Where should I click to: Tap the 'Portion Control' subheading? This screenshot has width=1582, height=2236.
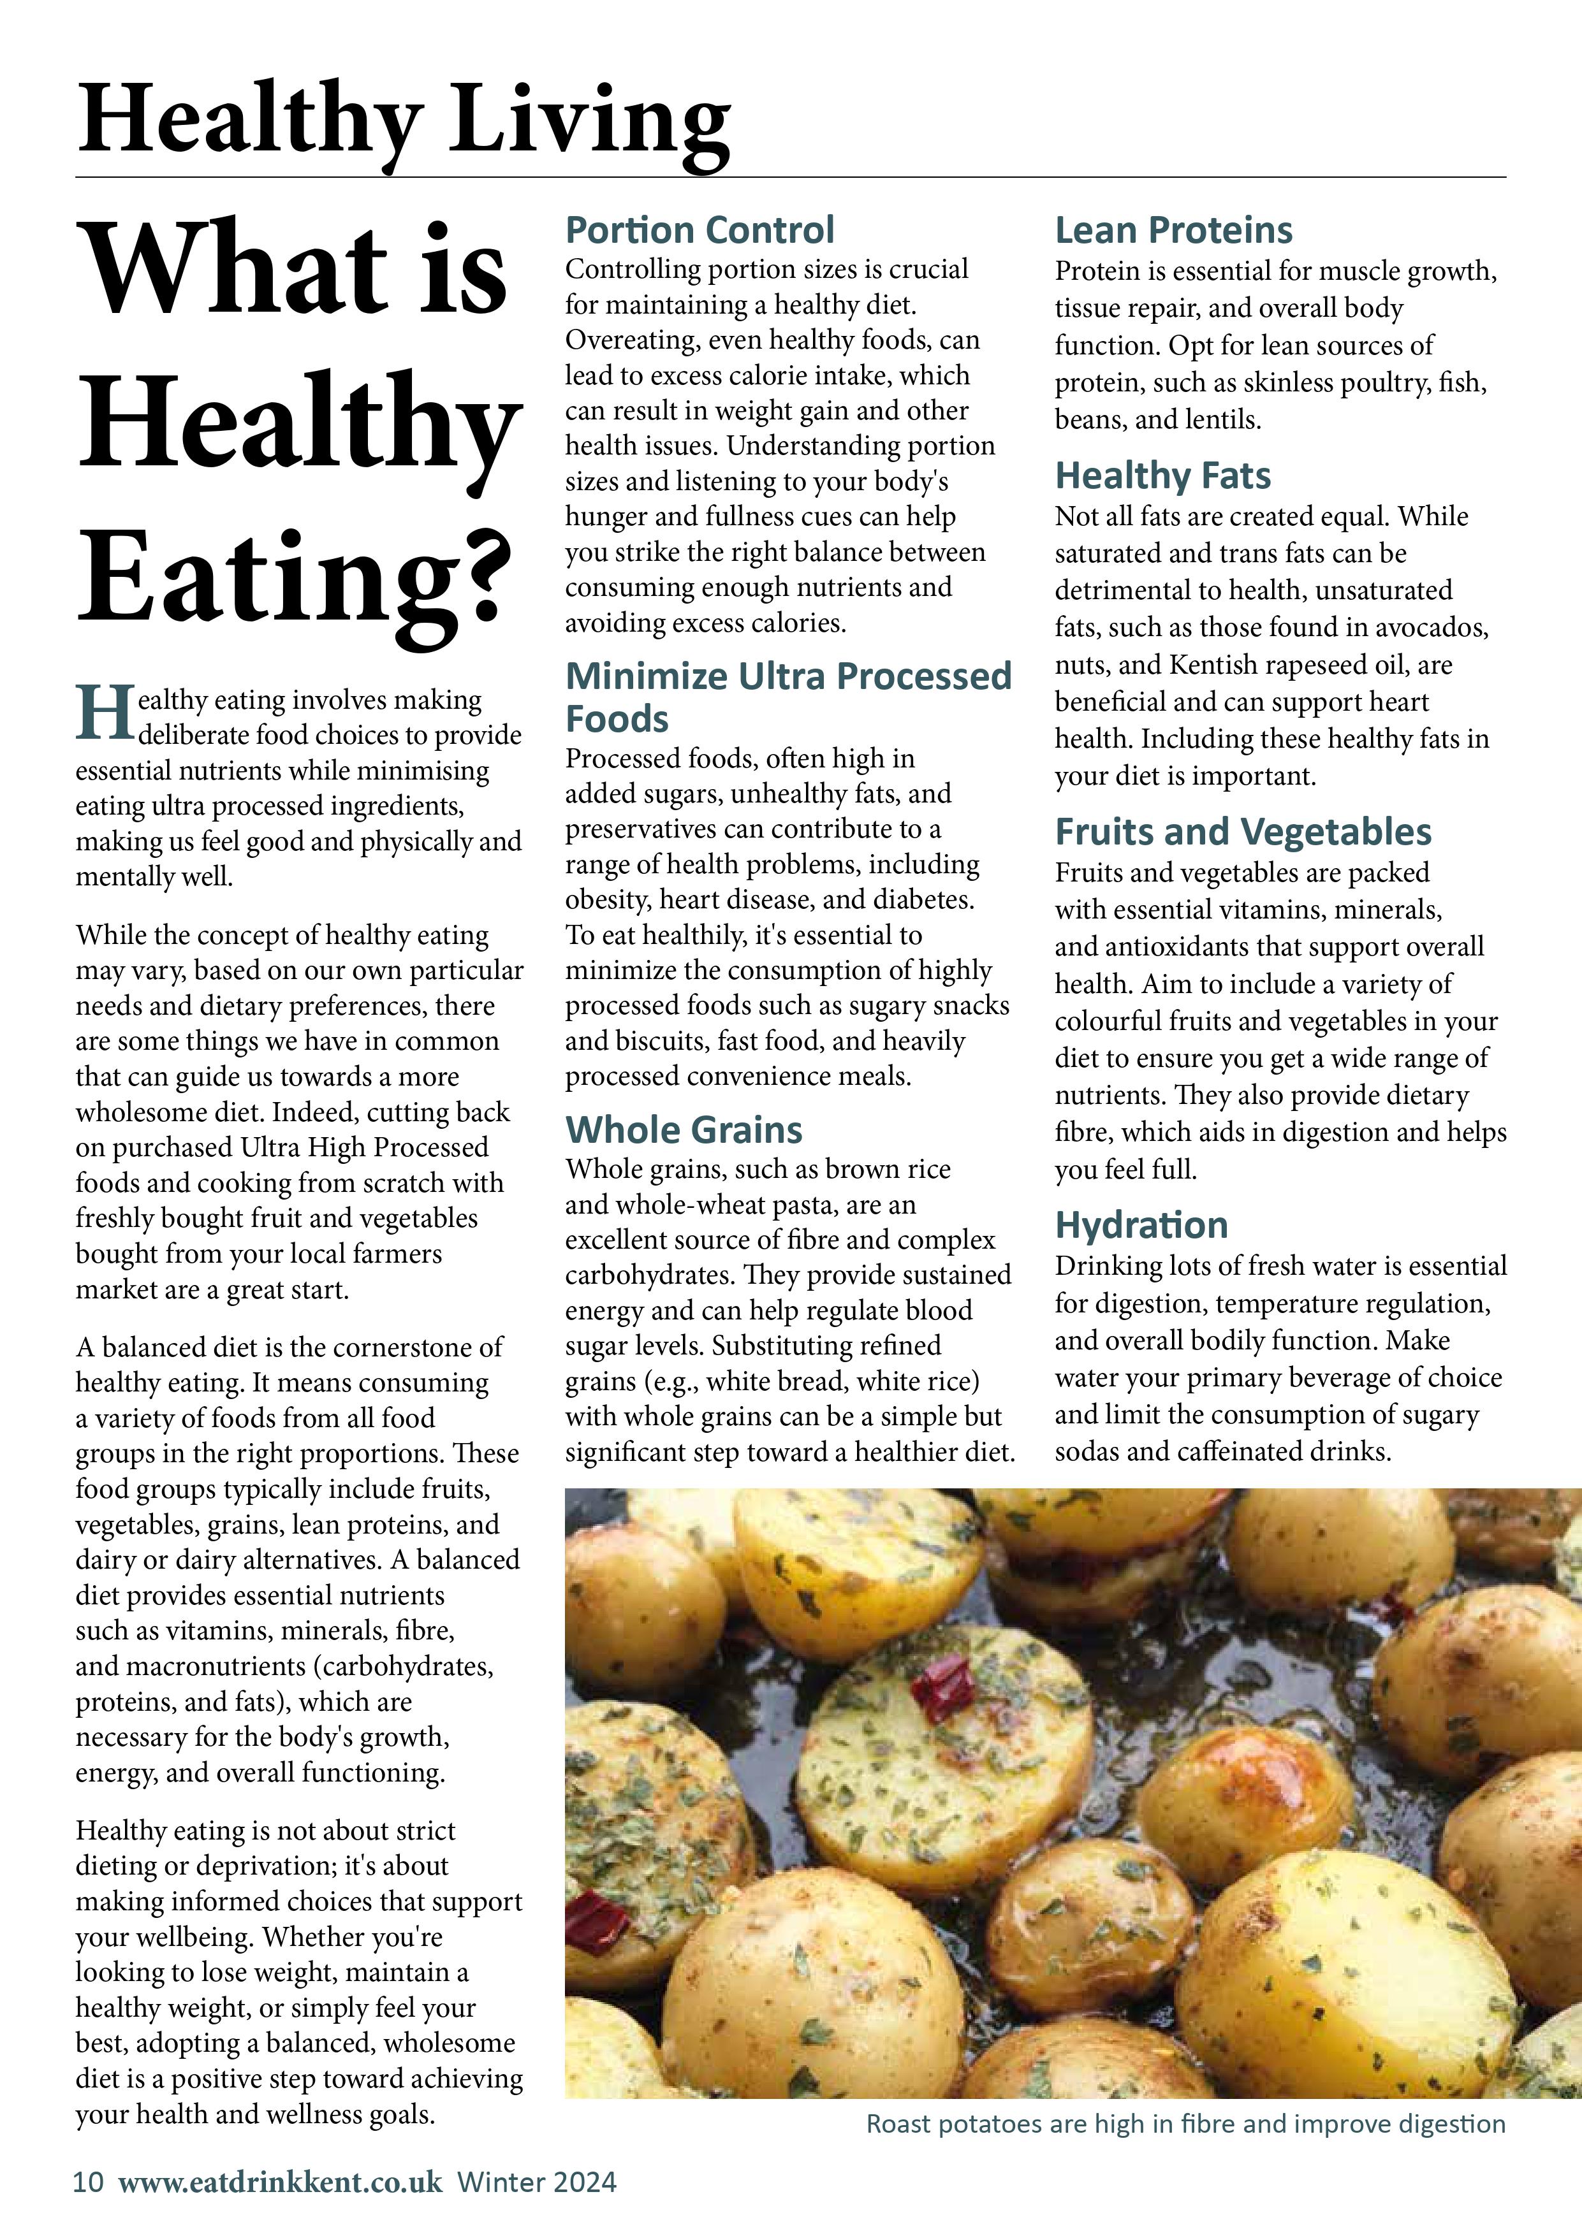[699, 231]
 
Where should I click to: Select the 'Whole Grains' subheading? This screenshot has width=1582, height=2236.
[684, 1129]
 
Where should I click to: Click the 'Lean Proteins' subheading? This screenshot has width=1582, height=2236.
[1174, 231]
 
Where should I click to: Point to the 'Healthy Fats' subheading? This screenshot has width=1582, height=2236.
[1163, 476]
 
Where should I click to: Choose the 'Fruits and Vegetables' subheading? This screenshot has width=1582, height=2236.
[1243, 832]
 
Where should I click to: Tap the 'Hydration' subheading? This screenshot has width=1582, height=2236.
[1141, 1225]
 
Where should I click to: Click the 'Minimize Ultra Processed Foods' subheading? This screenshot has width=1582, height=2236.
[788, 696]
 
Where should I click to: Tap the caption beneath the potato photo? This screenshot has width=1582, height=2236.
[1185, 2124]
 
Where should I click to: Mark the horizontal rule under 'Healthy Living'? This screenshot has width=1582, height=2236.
[790, 177]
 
